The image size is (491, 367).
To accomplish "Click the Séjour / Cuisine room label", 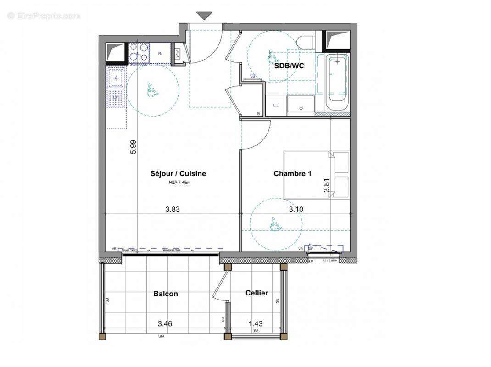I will click(x=178, y=173).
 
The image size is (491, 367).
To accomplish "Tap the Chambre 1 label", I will click(x=292, y=173).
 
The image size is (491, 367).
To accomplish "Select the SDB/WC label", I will click(x=289, y=66).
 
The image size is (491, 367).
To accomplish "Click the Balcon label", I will click(x=166, y=294).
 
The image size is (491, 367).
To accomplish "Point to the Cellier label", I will click(x=257, y=293).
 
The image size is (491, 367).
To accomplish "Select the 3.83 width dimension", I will click(x=172, y=210).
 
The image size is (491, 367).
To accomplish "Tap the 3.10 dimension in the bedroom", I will click(x=296, y=210).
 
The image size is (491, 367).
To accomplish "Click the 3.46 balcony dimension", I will click(x=165, y=324).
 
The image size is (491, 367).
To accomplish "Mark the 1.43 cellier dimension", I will click(x=256, y=324).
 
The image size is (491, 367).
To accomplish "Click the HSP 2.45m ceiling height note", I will click(x=178, y=183).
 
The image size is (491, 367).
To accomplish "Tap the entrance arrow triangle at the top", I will click(x=205, y=16).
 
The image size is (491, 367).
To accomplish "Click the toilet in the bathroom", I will click(x=306, y=41).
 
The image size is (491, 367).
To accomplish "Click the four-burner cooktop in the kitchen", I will click(x=139, y=52).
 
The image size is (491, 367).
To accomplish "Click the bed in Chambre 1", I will click(x=316, y=174).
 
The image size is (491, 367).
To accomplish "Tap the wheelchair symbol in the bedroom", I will click(x=274, y=224).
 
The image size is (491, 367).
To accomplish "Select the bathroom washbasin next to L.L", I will click(x=301, y=105).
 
